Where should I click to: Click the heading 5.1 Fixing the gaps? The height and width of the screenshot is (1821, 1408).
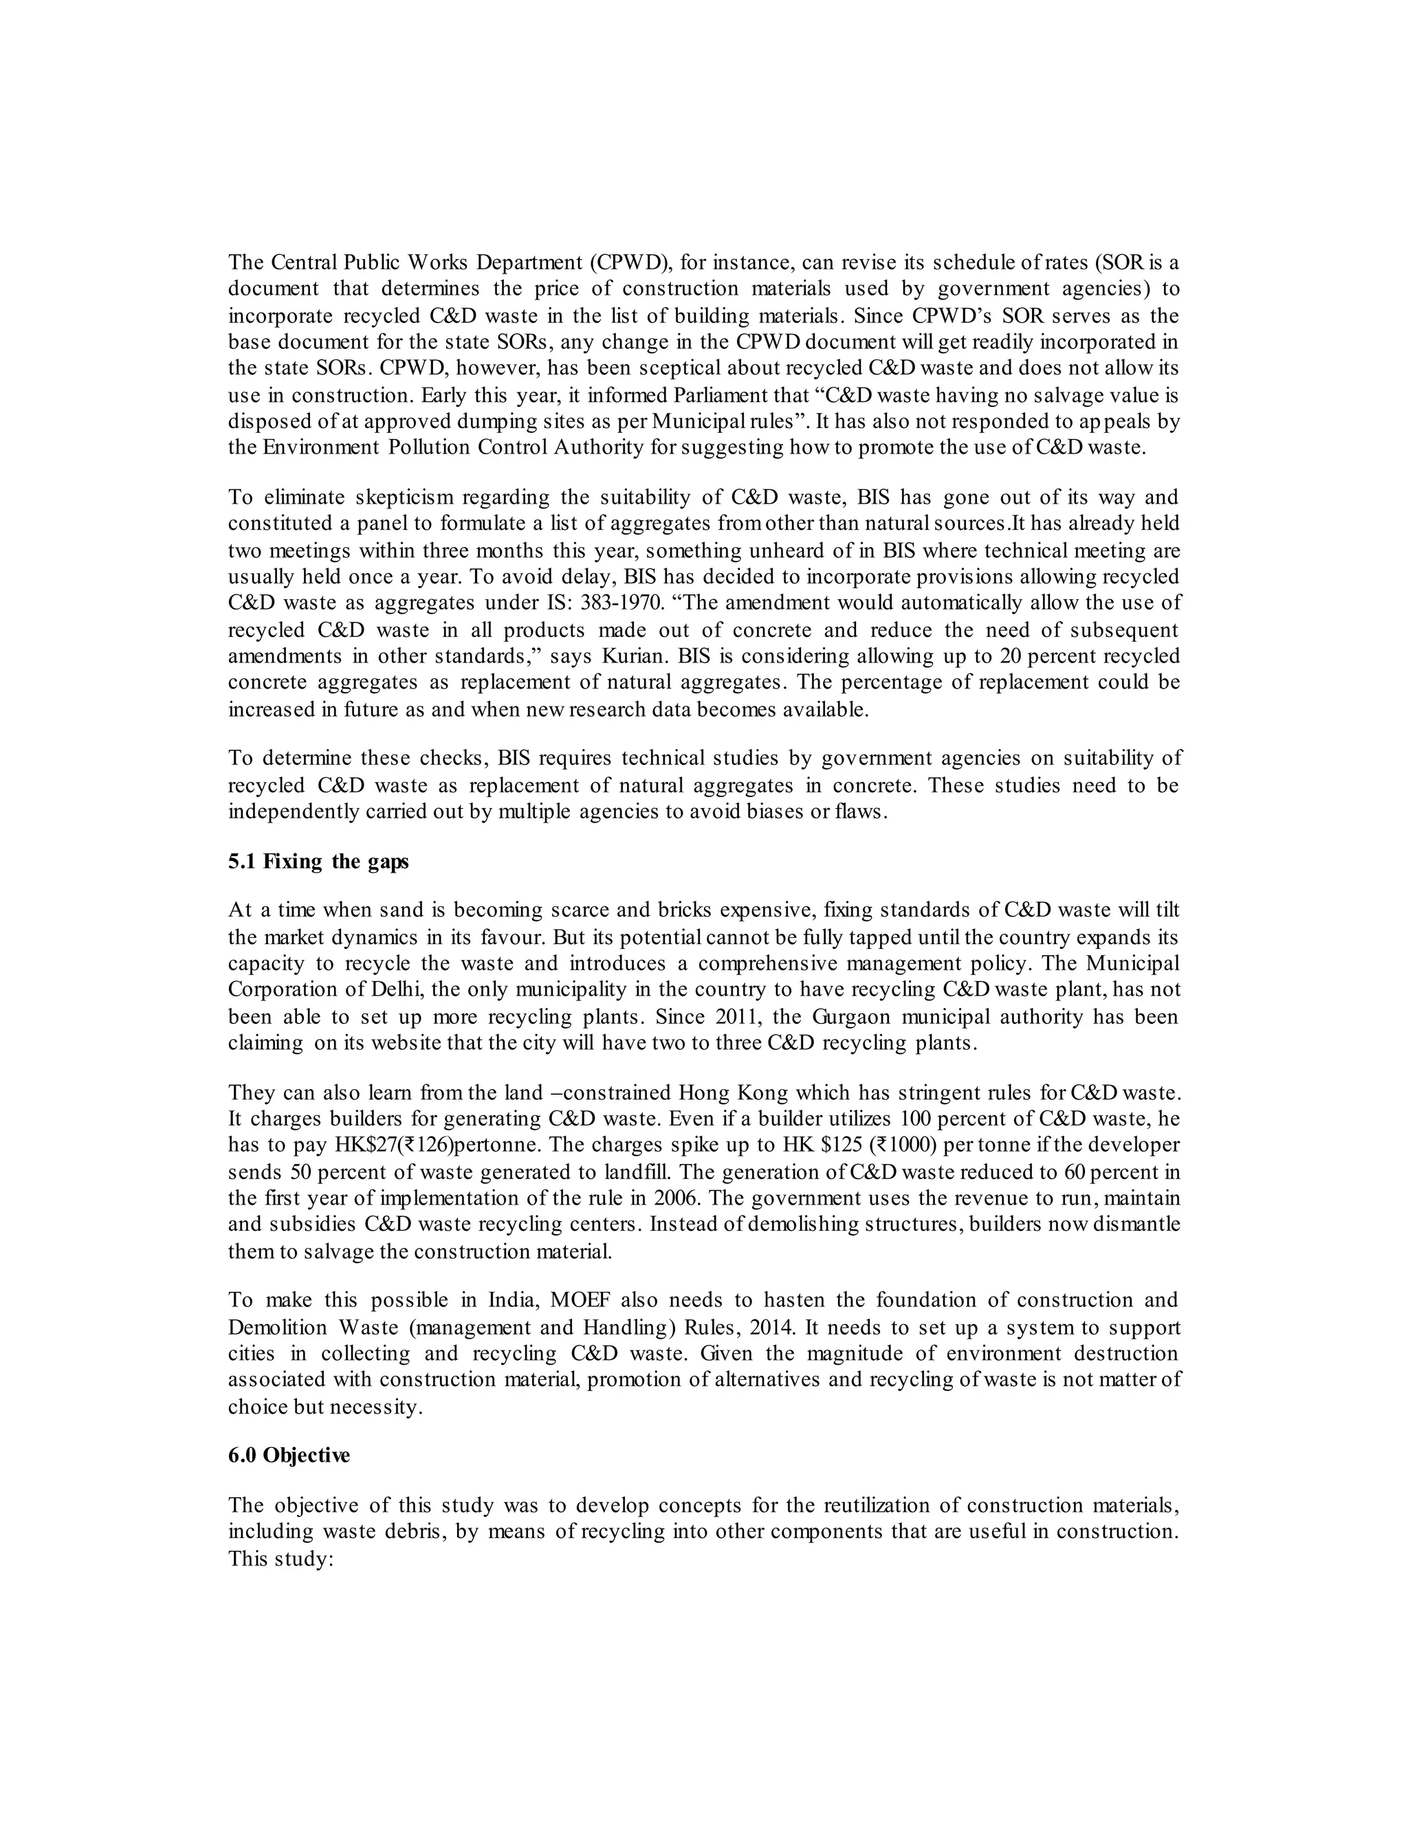(x=318, y=861)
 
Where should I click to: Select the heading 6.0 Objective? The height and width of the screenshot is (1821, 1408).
(x=289, y=1455)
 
